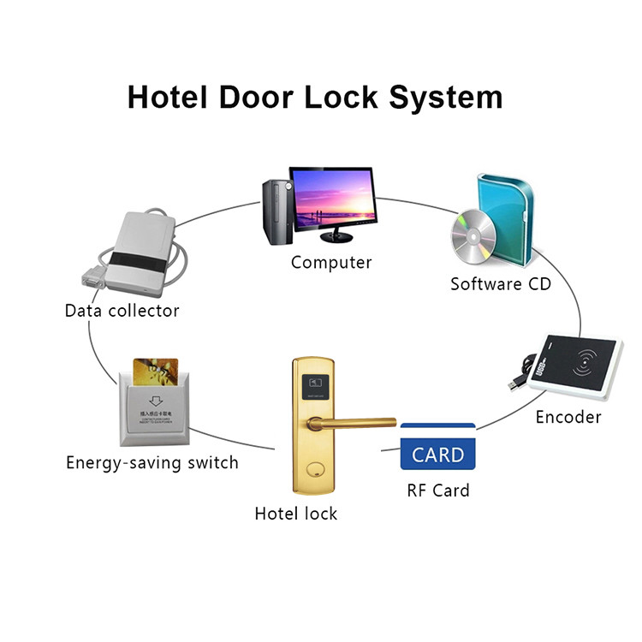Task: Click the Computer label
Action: pos(331,263)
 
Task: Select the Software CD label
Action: pos(501,283)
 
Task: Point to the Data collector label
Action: pos(122,311)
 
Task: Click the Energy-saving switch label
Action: pos(152,463)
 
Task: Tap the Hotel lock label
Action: pos(296,514)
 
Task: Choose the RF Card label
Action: pos(438,490)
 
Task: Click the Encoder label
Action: pos(568,418)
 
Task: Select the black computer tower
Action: pos(276,211)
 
